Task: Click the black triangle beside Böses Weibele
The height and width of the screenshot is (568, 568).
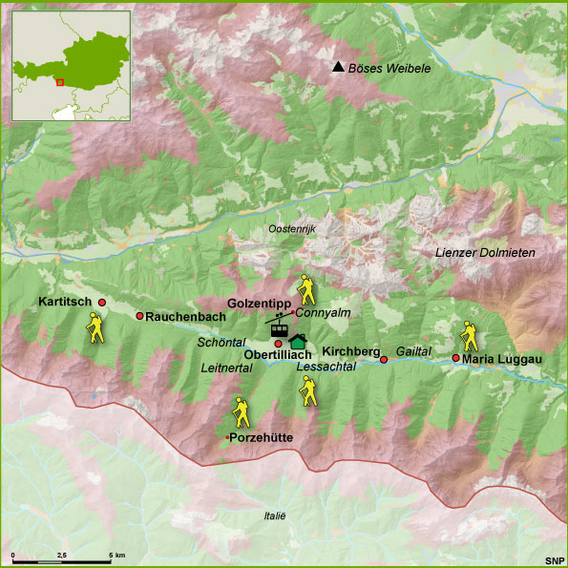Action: click(337, 67)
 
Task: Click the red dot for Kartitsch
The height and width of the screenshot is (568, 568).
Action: click(102, 302)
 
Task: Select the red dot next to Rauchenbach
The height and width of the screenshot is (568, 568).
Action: click(139, 316)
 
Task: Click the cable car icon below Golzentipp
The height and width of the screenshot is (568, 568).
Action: click(279, 324)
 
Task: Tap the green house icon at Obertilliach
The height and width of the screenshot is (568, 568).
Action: click(298, 341)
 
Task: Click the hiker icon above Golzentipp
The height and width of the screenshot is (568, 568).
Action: click(305, 288)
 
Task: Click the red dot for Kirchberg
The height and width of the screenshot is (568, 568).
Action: click(384, 359)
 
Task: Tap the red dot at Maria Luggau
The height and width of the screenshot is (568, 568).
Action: click(455, 358)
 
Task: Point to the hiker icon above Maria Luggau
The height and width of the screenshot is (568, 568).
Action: click(469, 335)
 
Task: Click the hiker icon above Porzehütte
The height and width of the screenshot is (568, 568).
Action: click(242, 412)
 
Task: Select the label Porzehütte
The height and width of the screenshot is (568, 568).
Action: click(262, 437)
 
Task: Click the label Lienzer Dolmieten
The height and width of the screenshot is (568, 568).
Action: click(485, 252)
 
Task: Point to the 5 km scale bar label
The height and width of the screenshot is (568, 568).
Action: click(118, 554)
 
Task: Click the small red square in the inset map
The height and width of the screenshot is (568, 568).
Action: click(59, 82)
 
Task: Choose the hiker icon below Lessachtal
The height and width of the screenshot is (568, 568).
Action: click(308, 390)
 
